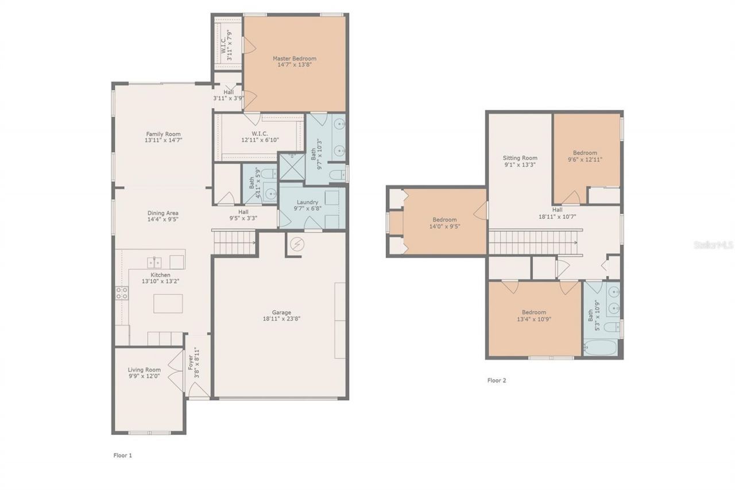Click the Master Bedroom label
294,59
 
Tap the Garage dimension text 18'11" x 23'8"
281,319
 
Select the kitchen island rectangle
168,303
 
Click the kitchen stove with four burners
122,293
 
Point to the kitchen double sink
154,263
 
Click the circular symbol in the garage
297,244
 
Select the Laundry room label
307,202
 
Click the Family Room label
163,134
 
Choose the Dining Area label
163,213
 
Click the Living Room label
144,370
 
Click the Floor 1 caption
122,455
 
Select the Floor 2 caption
496,380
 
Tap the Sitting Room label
520,158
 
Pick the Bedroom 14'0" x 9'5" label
444,219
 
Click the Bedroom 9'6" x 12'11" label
585,153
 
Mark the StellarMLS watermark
713,245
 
